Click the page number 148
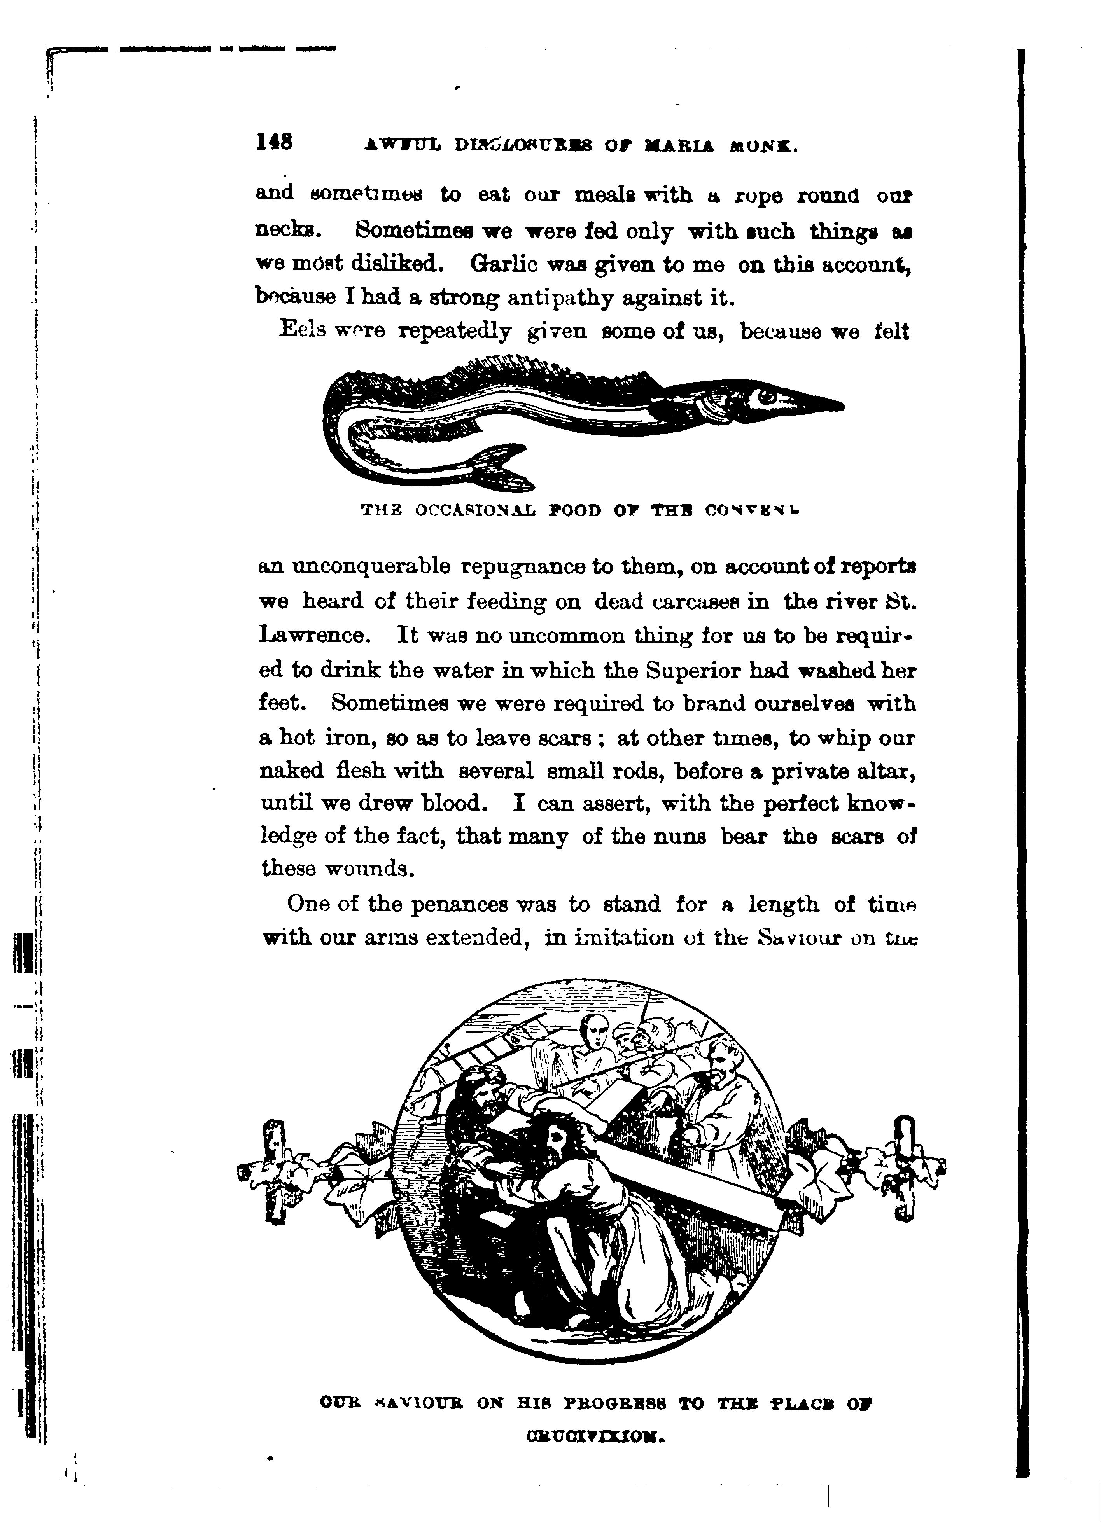[274, 142]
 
